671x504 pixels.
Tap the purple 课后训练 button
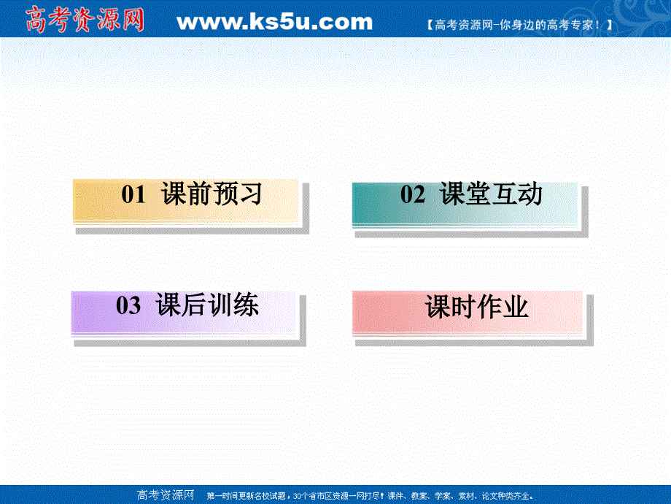(x=187, y=312)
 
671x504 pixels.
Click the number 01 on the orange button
(x=134, y=195)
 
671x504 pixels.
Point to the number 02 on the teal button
(x=413, y=195)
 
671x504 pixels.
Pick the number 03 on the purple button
(x=128, y=306)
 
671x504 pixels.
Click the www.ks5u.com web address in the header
(x=274, y=22)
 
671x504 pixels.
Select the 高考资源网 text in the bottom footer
(x=166, y=495)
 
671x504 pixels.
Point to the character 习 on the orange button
(x=249, y=195)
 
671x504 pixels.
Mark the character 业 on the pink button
(x=516, y=308)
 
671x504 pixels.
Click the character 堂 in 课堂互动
(x=477, y=195)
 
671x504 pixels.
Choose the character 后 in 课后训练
(x=195, y=306)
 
